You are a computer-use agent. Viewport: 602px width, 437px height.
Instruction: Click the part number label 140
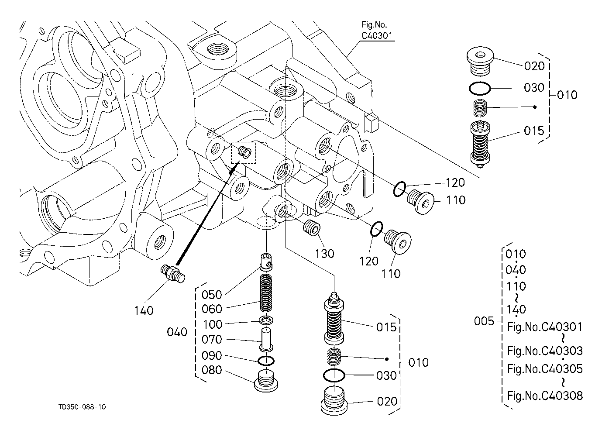pos(144,310)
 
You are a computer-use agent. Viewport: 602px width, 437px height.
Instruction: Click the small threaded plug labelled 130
pos(312,227)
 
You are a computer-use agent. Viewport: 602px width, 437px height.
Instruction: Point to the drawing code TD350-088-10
pos(82,407)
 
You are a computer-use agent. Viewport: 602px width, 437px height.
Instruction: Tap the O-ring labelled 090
pos(266,361)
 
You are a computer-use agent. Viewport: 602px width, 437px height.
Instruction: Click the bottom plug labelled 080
pos(265,381)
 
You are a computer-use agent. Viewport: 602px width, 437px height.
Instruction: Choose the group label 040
pos(177,332)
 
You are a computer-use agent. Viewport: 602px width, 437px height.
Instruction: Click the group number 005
pos(484,322)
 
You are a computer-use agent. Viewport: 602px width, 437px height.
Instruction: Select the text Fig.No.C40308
pos(545,396)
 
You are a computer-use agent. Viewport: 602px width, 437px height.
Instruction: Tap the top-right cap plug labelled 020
pos(479,60)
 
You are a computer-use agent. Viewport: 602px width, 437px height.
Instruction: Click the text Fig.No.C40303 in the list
pos(545,350)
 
